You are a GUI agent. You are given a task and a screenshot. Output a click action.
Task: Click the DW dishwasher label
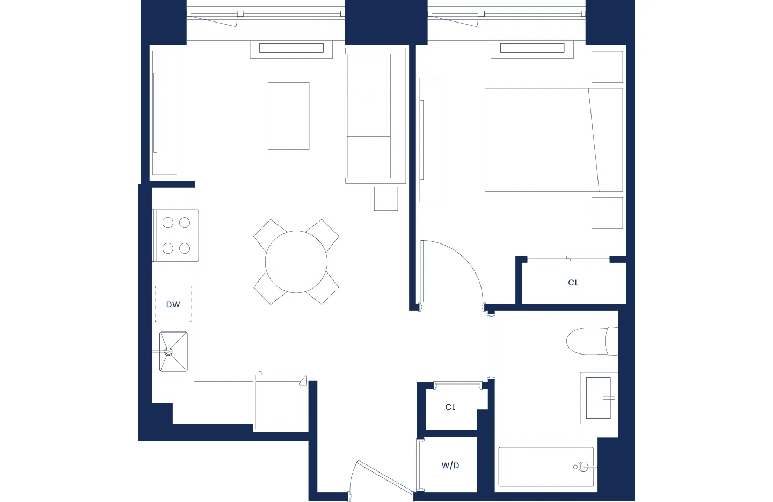173,305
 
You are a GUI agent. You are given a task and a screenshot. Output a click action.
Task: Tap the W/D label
450,466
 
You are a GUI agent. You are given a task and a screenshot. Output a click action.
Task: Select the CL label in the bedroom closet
573,283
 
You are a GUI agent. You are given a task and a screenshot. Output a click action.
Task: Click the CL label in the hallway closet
450,407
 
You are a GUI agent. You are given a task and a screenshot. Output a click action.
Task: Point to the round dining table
296,262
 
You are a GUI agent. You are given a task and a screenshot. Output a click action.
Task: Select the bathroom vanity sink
598,397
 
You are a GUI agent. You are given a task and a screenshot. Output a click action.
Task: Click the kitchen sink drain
168,352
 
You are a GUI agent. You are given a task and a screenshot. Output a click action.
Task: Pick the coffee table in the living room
289,115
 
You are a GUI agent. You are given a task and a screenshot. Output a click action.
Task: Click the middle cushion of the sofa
369,116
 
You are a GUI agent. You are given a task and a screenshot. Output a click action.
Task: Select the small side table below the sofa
386,198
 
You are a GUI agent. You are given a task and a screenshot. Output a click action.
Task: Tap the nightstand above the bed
607,67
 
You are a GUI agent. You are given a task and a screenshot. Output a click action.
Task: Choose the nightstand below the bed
607,213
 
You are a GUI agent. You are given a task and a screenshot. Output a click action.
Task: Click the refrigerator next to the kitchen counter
281,405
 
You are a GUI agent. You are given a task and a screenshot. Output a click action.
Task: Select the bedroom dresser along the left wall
431,140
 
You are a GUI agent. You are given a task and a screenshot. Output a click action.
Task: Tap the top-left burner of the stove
168,223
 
